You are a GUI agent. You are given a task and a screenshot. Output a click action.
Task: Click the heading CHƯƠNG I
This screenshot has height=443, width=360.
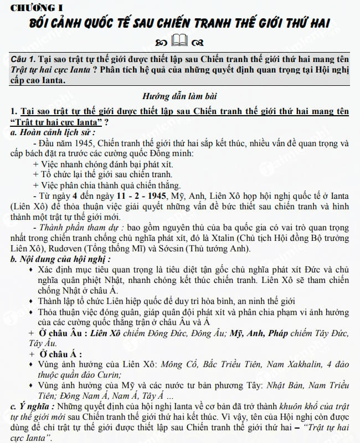click(33, 7)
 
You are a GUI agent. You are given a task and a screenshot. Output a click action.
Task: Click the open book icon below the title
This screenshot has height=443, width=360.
click(180, 40)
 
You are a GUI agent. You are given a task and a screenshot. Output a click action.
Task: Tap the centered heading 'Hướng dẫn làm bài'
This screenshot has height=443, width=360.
click(180, 95)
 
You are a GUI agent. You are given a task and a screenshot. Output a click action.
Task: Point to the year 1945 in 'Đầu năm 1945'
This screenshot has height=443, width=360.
click(81, 144)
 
